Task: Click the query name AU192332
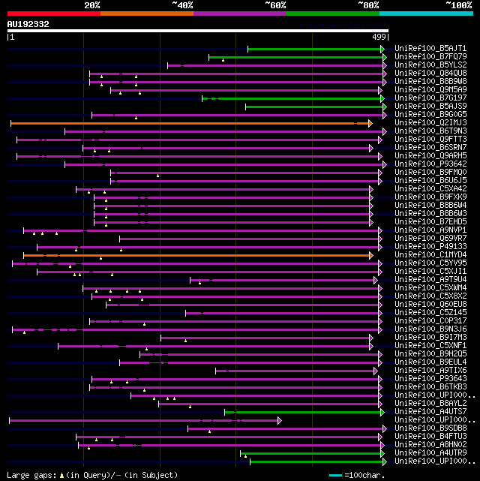click(x=28, y=24)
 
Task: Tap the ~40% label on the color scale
click(x=182, y=5)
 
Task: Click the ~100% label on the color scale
click(x=458, y=5)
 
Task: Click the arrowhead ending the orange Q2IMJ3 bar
click(x=370, y=123)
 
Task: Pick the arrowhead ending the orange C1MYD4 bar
click(x=370, y=255)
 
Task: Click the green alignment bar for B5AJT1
click(x=315, y=49)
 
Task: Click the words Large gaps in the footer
click(x=30, y=475)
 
